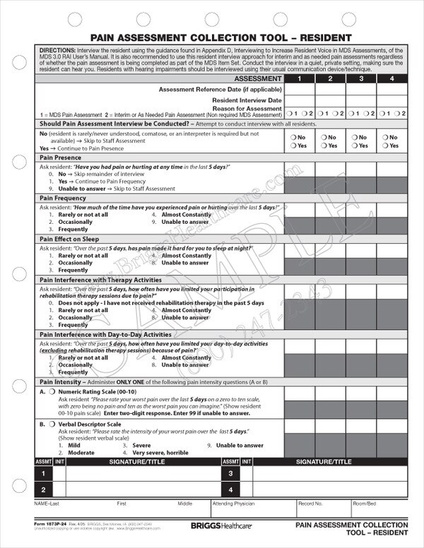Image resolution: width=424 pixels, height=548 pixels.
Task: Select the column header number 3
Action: coord(360,79)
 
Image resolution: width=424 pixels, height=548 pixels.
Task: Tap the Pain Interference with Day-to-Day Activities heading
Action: coord(105,334)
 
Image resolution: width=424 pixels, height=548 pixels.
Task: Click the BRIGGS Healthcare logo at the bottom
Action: coord(220,527)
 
